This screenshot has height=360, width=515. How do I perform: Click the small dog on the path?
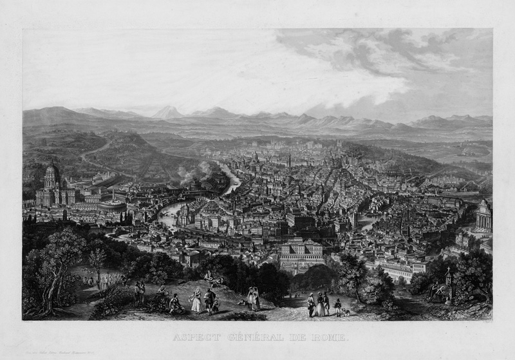346,312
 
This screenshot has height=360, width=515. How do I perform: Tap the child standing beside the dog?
337,308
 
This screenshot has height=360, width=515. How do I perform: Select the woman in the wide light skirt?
196,301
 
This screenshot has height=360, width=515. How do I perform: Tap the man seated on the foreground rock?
173,303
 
